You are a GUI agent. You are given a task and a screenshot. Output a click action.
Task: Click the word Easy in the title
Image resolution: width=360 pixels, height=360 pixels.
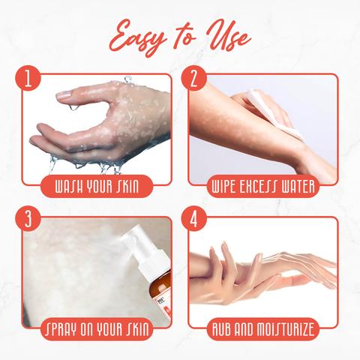pyautogui.click(x=139, y=38)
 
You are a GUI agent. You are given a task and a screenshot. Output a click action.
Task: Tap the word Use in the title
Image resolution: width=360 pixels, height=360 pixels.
pyautogui.click(x=227, y=37)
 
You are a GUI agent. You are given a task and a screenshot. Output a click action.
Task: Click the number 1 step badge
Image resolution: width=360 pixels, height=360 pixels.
pyautogui.click(x=28, y=78)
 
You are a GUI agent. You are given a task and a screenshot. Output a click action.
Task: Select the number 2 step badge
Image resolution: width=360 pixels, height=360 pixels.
pyautogui.click(x=194, y=78)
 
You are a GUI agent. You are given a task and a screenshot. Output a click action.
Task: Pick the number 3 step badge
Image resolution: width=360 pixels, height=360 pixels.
pyautogui.click(x=28, y=219)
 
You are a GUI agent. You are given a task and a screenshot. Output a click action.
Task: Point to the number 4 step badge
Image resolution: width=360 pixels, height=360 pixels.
pyautogui.click(x=194, y=219)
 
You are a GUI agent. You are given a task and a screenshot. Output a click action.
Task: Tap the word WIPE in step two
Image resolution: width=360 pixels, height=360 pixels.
pyautogui.click(x=223, y=187)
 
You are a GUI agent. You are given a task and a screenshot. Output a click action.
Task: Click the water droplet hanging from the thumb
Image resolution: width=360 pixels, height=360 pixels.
pyautogui.click(x=73, y=107)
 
